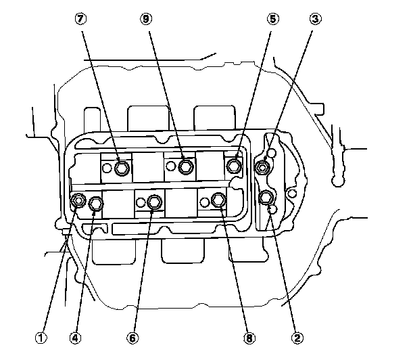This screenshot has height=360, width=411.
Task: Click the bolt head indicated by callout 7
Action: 121,167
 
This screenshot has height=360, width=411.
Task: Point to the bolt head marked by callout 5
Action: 233,165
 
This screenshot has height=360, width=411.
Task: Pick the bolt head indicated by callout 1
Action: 79,200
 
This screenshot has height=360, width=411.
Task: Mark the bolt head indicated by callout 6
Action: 155,201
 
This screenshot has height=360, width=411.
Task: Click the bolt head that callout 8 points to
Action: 218,200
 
